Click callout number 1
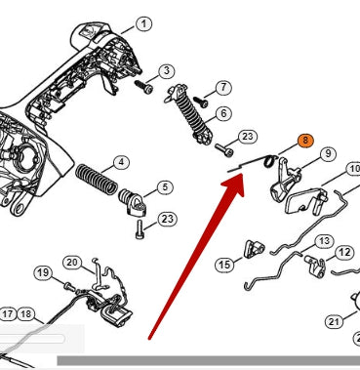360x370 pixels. pos(143,23)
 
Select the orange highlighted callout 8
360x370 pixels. pos(305,141)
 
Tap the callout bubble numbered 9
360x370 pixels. pos(328,153)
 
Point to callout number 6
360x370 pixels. pos(223,113)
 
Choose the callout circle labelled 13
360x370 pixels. pos(324,241)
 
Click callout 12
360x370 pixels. pos(344,253)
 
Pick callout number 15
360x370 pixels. pos(224,265)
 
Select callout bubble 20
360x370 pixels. pos(72,263)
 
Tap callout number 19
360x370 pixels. pos(43,272)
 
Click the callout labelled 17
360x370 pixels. pos(7,314)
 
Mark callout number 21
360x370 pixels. pos(334,322)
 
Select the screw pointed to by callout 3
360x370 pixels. pos(143,86)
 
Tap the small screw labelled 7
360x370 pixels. pos(200,102)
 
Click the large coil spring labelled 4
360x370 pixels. pos(97,179)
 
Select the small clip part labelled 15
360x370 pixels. pos(254,249)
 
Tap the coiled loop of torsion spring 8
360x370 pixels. pos(270,161)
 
